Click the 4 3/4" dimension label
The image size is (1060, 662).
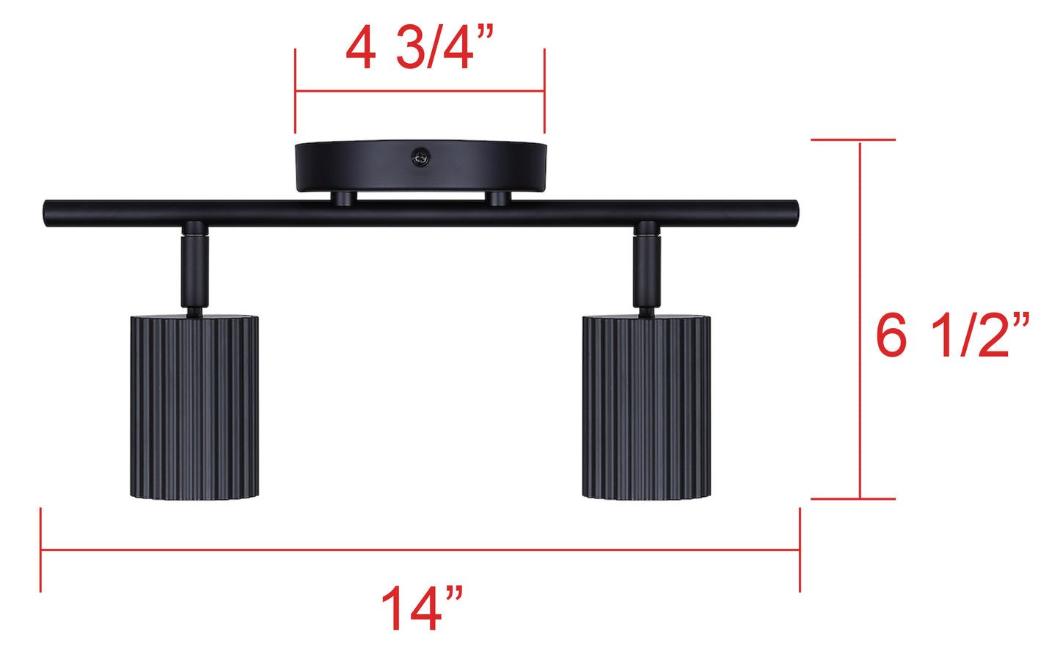click(420, 48)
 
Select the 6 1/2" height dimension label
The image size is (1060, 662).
click(953, 335)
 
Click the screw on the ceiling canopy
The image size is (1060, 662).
click(420, 158)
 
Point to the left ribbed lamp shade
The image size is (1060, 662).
click(194, 408)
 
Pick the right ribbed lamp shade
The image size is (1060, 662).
click(646, 408)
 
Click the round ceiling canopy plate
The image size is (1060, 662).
click(420, 166)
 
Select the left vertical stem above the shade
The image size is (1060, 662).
click(194, 272)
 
